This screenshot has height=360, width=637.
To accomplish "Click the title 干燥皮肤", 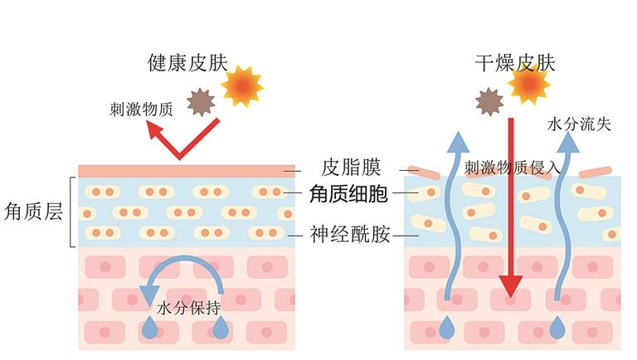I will pyautogui.click(x=515, y=62).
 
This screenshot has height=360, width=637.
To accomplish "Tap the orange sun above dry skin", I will pyautogui.click(x=528, y=83).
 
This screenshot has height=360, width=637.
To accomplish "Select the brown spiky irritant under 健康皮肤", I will pyautogui.click(x=201, y=103).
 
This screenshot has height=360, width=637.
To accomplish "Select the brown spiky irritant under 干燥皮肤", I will pyautogui.click(x=489, y=102).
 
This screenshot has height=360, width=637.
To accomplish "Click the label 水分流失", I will pyautogui.click(x=579, y=124).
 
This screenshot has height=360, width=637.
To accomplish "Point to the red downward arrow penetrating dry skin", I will pyautogui.click(x=511, y=207).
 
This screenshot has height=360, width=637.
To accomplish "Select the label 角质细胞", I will pyautogui.click(x=348, y=194).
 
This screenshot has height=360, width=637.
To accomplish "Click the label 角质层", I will pyautogui.click(x=33, y=212).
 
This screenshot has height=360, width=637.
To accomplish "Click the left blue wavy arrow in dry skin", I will pyautogui.click(x=454, y=216).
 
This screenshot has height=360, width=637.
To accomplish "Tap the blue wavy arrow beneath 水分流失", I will pyautogui.click(x=566, y=216).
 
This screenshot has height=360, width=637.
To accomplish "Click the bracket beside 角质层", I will pyautogui.click(x=73, y=212).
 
